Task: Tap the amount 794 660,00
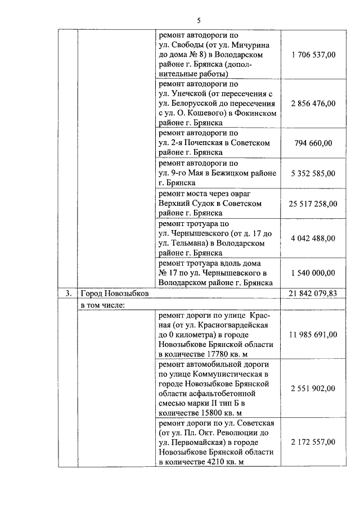click(x=314, y=143)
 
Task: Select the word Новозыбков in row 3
click(x=125, y=293)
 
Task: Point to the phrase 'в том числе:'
click(x=102, y=305)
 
